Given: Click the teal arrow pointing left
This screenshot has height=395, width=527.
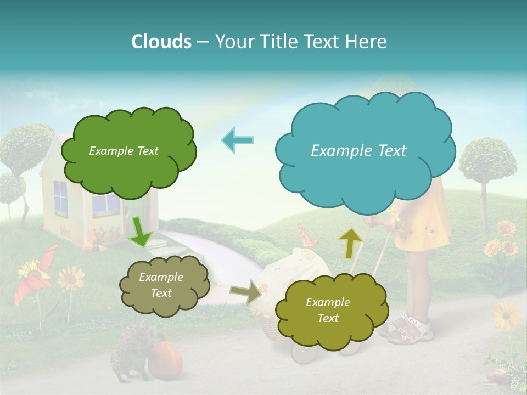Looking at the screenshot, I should pos(238,140).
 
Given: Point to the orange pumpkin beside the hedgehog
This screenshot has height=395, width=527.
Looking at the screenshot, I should pos(165,359).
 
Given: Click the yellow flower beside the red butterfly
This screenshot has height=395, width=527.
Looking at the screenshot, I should pos(71,278).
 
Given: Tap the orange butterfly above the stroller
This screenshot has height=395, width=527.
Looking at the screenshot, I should pos(308,235).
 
